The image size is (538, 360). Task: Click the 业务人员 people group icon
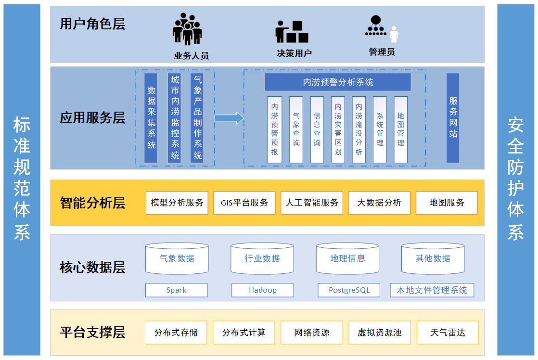tap(187, 30)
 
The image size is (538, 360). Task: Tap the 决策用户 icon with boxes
tap(292, 32)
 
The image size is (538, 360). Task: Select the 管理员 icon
tap(381, 28)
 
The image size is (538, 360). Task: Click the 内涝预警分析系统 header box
tap(338, 82)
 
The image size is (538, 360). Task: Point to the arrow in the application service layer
tap(229, 118)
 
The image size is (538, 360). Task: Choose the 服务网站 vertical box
tap(453, 118)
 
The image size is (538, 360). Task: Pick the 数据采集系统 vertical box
tap(151, 118)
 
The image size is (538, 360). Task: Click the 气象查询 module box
tap(296, 129)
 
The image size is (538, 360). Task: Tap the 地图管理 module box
tap(400, 129)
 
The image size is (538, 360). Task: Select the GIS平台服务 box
tap(244, 203)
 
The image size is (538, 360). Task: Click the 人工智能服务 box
tap(312, 203)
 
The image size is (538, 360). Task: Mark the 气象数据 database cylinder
tap(177, 259)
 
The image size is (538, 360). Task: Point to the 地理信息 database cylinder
tap(347, 259)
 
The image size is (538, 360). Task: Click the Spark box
tap(177, 290)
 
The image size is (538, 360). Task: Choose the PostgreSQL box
tap(349, 290)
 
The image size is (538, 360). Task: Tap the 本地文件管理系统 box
tap(432, 290)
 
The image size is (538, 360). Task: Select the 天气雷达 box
tap(448, 333)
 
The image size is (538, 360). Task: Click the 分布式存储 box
tap(176, 333)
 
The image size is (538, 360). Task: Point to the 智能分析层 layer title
tap(92, 203)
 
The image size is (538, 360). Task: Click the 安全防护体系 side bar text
tap(516, 179)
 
